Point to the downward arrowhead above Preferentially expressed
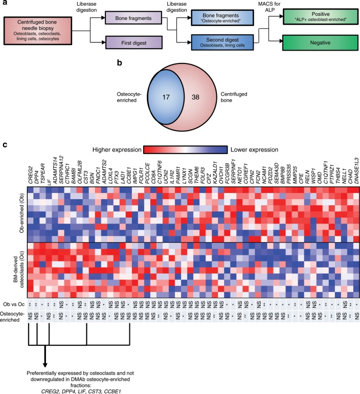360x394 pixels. [46, 351]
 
